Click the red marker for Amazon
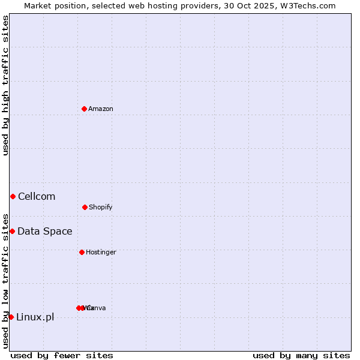tap(84, 109)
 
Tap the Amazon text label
tap(101, 109)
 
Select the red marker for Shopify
tap(85, 207)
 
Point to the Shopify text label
tap(101, 207)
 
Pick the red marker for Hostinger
tap(82, 252)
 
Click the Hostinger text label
tap(101, 252)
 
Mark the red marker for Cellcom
tap(13, 196)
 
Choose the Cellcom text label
tap(37, 196)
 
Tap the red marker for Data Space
tap(12, 231)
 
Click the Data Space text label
tap(45, 231)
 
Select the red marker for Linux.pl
tap(11, 317)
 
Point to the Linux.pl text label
tap(35, 317)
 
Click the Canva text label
tap(96, 308)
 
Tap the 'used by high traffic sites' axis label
tap(6, 85)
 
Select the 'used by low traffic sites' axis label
tap(6, 280)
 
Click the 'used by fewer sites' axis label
tap(62, 355)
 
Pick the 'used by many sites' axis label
tap(301, 355)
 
